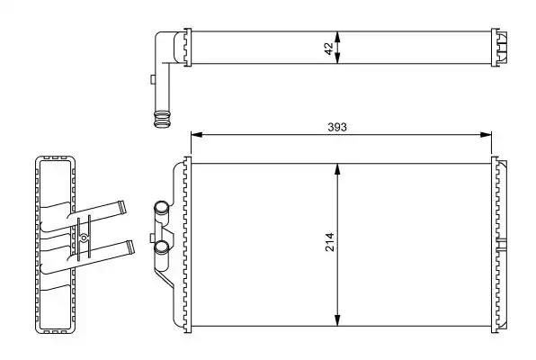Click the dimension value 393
(x=337, y=127)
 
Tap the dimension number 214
(x=329, y=242)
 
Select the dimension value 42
(x=329, y=49)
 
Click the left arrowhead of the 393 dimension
(x=197, y=134)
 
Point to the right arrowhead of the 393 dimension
(x=486, y=134)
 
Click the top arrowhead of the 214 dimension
(x=337, y=169)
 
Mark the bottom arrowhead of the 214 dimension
(x=337, y=320)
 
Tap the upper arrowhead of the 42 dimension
(x=337, y=37)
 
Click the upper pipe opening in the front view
(x=161, y=208)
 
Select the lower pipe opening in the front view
(x=161, y=247)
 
